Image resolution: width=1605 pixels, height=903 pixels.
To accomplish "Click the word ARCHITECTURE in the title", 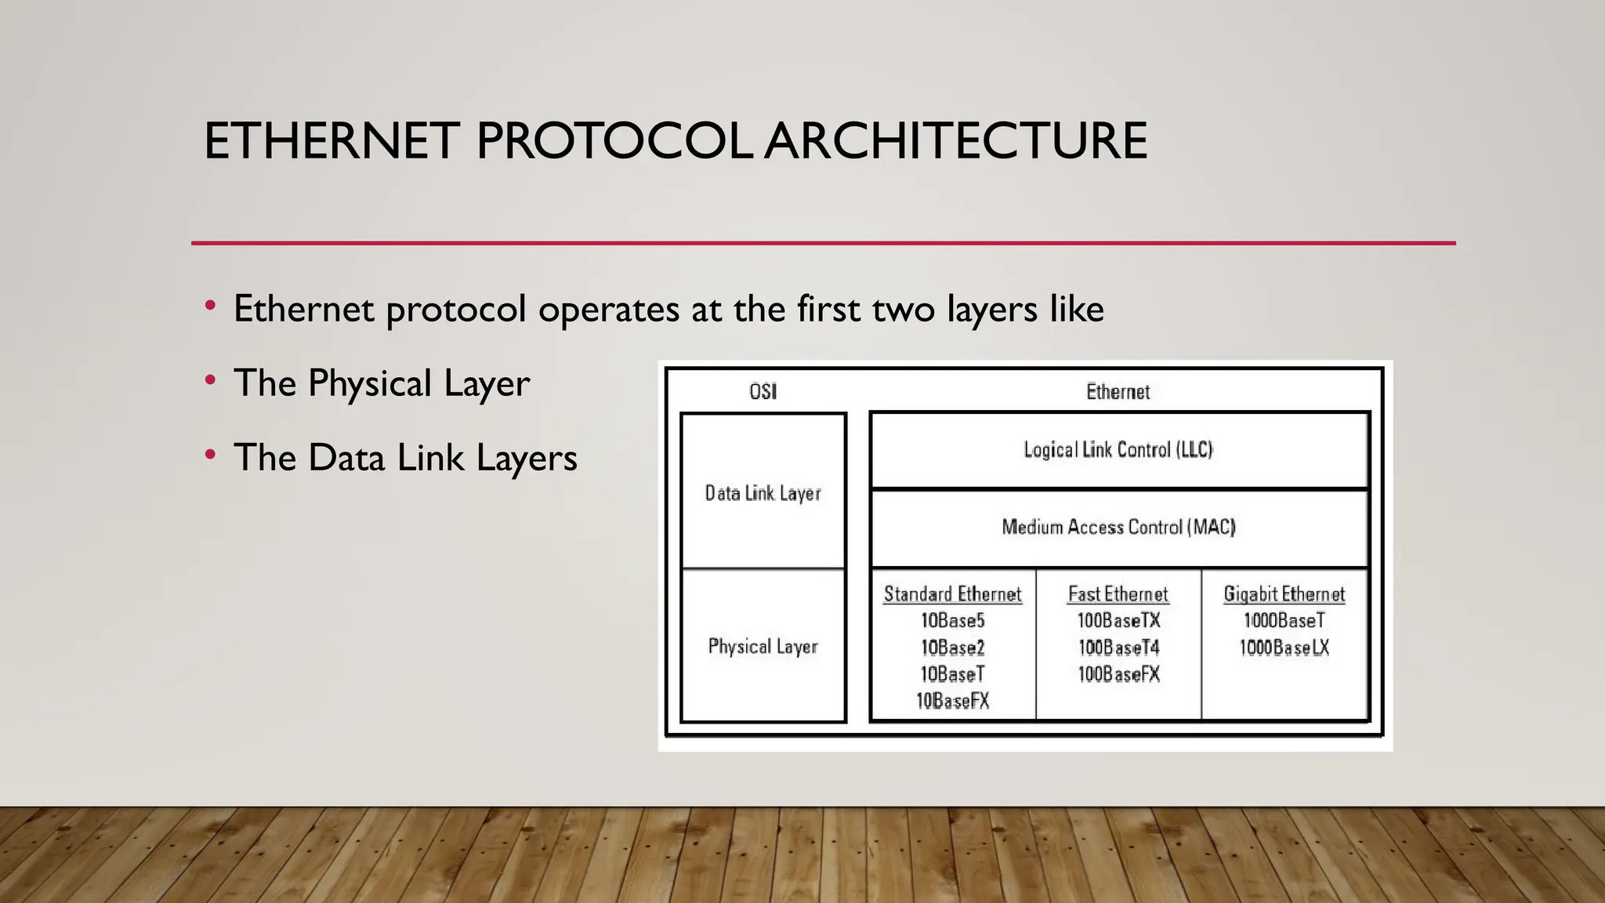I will click(955, 141).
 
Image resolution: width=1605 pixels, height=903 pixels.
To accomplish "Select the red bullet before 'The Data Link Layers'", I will click(210, 455).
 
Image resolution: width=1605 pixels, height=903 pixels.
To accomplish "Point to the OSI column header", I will click(763, 391).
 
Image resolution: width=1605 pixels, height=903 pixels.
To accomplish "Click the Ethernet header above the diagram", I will click(1118, 391).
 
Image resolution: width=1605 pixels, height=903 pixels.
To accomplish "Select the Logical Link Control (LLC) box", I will click(1118, 450).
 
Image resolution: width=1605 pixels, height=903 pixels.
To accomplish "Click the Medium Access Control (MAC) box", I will click(1118, 527).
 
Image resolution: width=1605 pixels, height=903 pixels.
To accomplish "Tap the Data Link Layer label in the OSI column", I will click(763, 493).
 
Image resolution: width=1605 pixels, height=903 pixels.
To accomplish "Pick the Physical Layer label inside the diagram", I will click(763, 647).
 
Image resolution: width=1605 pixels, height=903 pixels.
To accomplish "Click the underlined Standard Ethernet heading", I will click(952, 594).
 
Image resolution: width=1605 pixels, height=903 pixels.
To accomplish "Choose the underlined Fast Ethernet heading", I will click(1118, 594).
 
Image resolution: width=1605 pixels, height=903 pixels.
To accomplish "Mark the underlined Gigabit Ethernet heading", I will click(1284, 594).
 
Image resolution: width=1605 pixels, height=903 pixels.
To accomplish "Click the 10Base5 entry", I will click(952, 621).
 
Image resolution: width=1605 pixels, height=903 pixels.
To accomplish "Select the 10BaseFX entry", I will click(952, 701).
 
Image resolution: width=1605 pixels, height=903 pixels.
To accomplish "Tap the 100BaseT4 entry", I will click(1118, 647).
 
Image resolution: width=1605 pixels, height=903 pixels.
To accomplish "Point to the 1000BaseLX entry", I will click(1284, 647).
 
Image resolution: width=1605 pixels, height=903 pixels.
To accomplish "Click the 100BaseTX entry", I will click(1118, 621).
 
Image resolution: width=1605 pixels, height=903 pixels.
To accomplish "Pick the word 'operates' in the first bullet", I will click(608, 310).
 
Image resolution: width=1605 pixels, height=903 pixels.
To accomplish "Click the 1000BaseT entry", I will click(1284, 621).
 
